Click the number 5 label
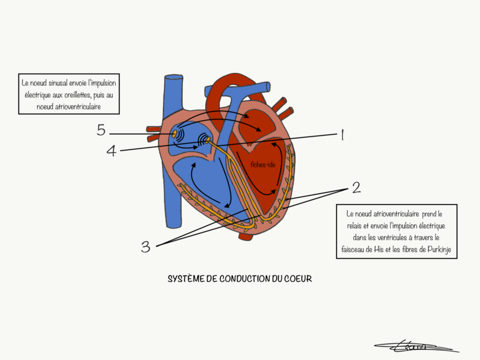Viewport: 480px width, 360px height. click(101, 130)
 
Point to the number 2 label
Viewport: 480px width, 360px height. click(356, 188)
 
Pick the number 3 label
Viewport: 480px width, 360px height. click(146, 247)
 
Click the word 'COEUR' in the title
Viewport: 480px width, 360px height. click(297, 279)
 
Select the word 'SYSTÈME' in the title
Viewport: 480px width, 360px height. click(184, 279)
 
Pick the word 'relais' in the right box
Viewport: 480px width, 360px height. click(351, 226)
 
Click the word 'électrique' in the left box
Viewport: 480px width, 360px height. click(36, 95)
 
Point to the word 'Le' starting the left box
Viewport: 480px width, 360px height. click(25, 83)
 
